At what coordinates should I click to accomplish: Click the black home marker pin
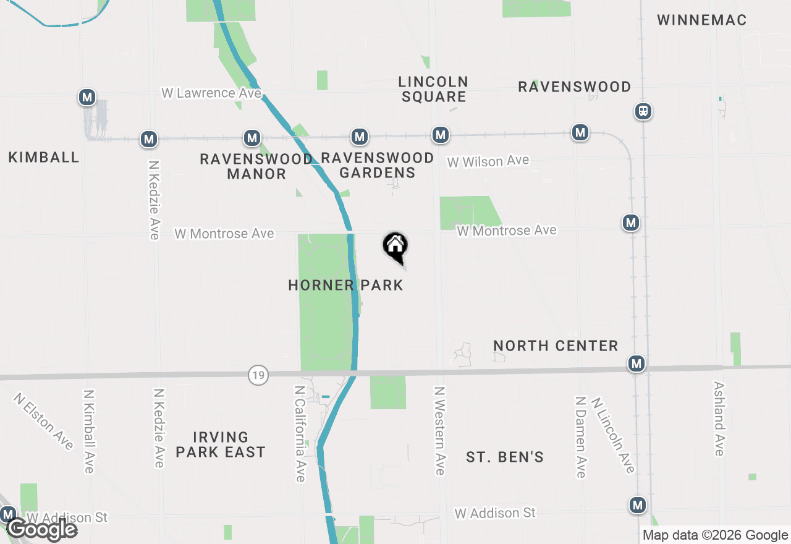tap(395, 247)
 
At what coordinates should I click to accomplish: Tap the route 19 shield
tap(258, 375)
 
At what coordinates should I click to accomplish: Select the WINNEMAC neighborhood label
tap(701, 20)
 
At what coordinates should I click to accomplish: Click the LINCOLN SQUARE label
tap(433, 89)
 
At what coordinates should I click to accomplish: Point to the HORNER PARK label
tap(345, 285)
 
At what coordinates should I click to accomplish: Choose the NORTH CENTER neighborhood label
tap(556, 346)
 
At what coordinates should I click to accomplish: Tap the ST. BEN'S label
tap(505, 457)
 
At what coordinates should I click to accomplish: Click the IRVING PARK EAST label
tap(220, 445)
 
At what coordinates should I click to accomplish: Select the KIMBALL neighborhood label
tap(44, 157)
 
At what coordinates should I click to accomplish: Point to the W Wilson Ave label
tap(488, 161)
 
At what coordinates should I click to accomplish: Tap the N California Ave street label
tap(300, 433)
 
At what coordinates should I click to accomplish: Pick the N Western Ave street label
tap(439, 431)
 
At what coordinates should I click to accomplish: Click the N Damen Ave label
tap(580, 436)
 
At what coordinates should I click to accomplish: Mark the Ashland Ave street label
tap(719, 418)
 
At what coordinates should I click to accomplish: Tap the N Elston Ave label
tap(43, 420)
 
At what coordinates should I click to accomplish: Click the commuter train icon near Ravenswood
tap(643, 111)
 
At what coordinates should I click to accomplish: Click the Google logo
tap(42, 529)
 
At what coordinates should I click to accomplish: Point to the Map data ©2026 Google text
tap(715, 535)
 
